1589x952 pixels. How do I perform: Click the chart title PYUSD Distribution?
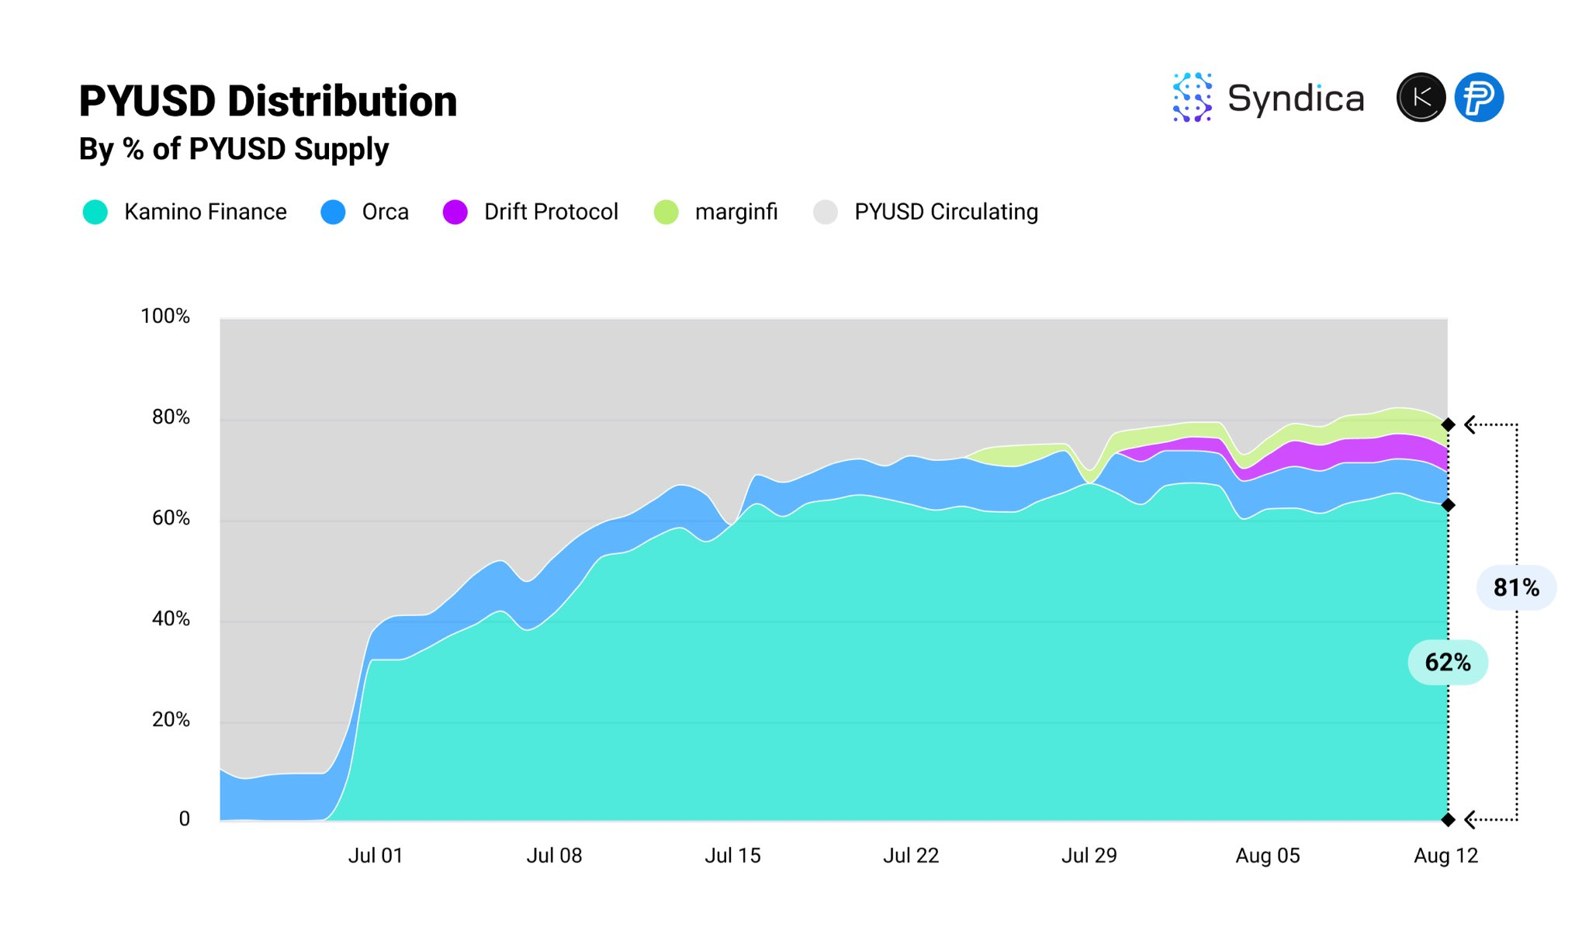pos(268,102)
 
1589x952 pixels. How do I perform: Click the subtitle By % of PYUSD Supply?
pos(234,149)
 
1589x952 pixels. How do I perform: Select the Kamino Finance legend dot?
pos(95,212)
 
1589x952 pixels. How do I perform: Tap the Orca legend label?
pos(385,212)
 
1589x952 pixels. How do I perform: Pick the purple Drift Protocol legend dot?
pos(455,212)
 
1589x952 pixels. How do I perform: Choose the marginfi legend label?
pos(736,212)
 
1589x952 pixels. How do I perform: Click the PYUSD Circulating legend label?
pos(946,212)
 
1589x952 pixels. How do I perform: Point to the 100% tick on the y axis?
pos(165,316)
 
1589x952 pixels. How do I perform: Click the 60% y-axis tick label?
pos(171,518)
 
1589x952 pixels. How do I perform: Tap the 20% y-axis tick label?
pos(171,719)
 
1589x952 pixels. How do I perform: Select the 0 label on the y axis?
pos(184,819)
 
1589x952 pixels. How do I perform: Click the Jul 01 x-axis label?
pos(376,855)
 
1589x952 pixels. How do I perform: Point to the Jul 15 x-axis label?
pos(732,855)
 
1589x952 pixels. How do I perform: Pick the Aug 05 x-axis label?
pos(1268,855)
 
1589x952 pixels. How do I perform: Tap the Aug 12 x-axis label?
pos(1446,855)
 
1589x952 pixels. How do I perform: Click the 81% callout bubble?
pos(1516,587)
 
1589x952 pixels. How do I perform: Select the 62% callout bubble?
pos(1448,662)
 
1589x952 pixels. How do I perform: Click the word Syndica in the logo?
pos(1295,99)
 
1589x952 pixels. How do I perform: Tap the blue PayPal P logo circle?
pos(1479,98)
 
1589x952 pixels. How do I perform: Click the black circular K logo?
pos(1421,98)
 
